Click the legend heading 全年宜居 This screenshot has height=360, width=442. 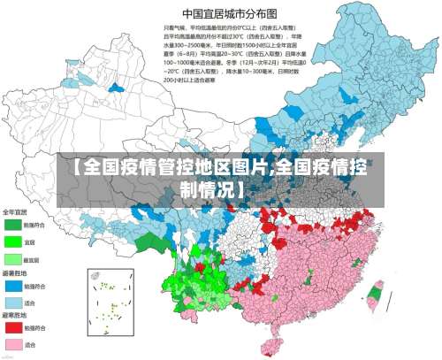[16, 212]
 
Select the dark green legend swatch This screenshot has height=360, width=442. [14, 225]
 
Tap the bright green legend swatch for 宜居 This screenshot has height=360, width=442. [14, 241]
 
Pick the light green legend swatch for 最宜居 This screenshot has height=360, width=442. [14, 258]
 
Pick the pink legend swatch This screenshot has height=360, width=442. [14, 343]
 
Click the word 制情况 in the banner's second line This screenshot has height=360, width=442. [216, 188]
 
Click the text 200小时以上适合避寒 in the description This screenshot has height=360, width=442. [194, 79]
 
